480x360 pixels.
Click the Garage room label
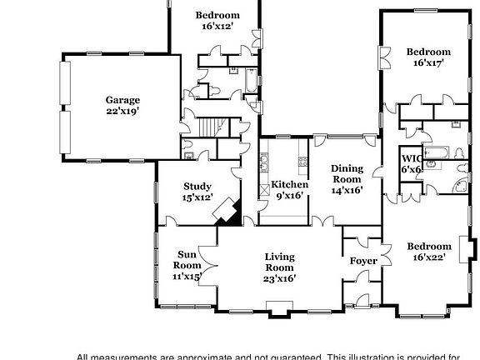(122, 100)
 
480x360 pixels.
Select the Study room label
(197, 187)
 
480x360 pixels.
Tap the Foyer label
(363, 261)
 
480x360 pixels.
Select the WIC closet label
(411, 157)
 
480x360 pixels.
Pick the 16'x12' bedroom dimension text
(217, 27)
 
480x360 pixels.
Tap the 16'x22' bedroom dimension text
(428, 257)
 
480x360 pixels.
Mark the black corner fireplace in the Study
(227, 212)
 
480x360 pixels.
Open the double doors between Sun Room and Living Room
(209, 267)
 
